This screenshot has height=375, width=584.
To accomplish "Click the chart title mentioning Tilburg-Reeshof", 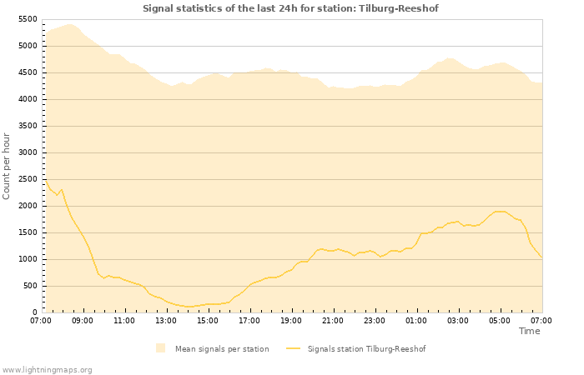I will coord(290,8).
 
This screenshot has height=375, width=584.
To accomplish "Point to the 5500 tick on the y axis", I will coord(27,19).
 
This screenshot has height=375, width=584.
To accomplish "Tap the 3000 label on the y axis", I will coord(27,152).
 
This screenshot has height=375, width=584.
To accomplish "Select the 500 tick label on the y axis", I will coord(29,286).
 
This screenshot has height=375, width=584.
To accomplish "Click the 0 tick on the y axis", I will coord(34,312).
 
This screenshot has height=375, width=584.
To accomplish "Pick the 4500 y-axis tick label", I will coord(27,72).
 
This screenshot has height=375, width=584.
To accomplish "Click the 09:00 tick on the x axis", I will coord(83,320).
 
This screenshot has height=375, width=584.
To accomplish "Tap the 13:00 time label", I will coord(166,320).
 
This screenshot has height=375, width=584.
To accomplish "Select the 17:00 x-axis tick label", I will coord(249,320).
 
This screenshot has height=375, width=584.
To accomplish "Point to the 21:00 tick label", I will coord(333,320).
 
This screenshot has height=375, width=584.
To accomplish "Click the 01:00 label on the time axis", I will coord(416,320).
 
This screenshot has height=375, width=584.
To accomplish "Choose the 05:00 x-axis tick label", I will coord(500,320).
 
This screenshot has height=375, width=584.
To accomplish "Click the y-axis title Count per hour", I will coord(8,165).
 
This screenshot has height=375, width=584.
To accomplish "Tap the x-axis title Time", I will coord(529,331).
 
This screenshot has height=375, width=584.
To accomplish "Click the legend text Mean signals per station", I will coord(222,349).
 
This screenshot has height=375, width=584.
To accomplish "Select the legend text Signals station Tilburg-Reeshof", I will coord(366,349).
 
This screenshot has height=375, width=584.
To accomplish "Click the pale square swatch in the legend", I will coord(160,348).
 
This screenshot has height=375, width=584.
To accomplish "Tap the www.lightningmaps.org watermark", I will coord(47,369).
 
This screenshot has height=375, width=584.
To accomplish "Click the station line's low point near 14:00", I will coord(188,307).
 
